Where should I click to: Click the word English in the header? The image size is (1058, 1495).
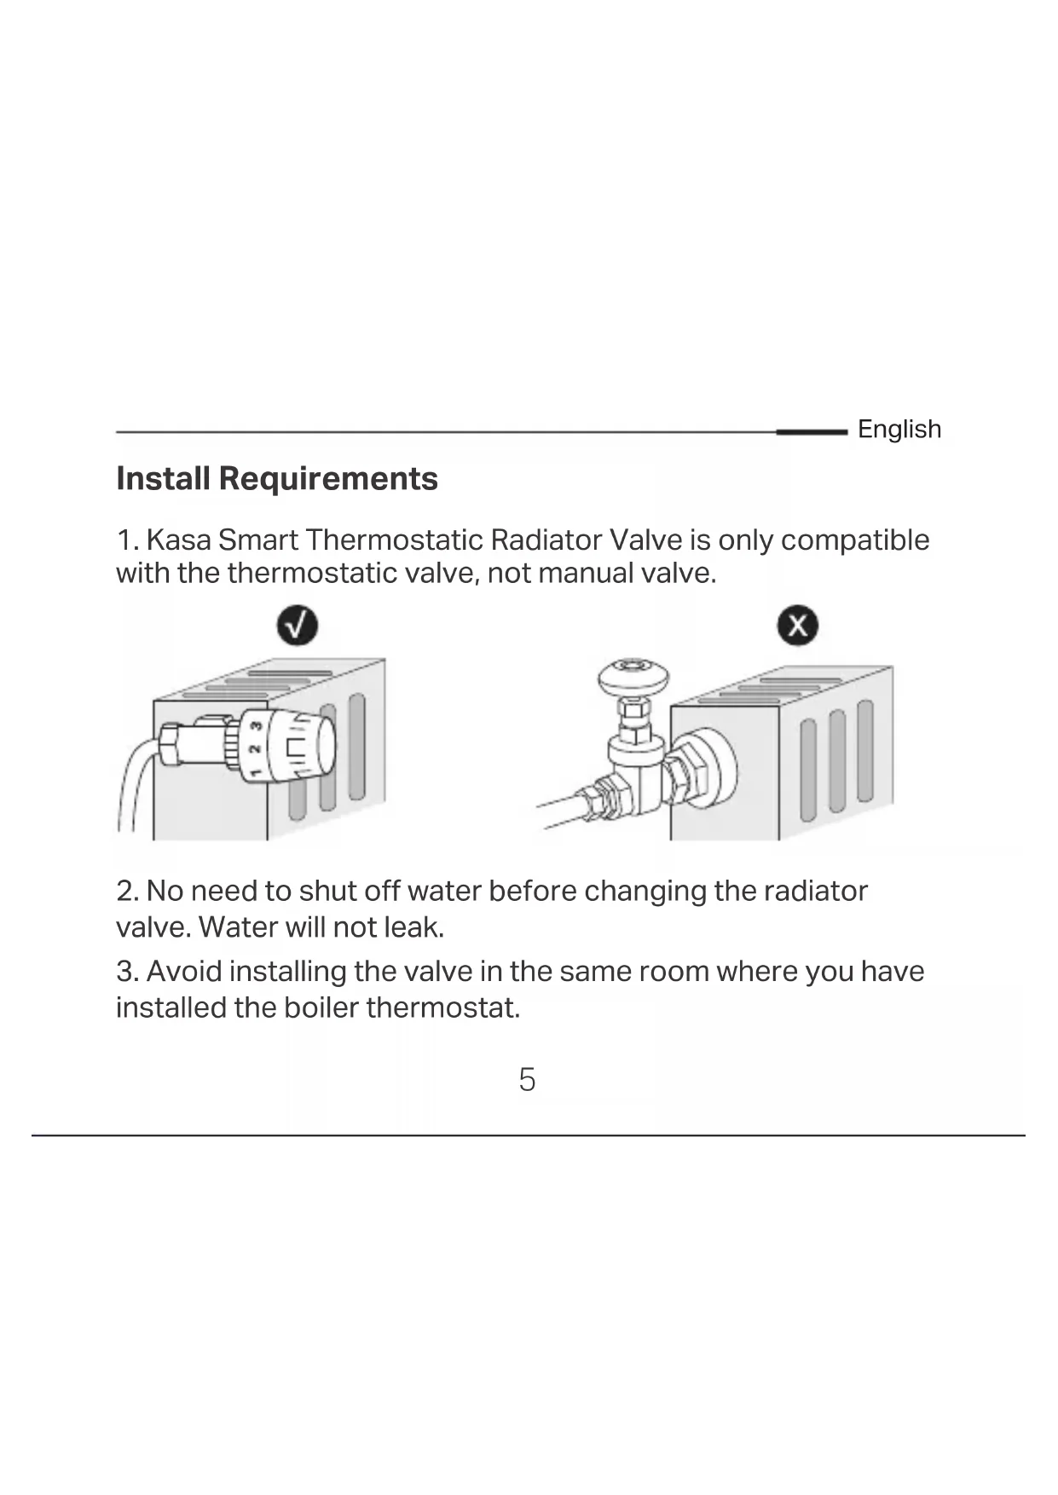(899, 429)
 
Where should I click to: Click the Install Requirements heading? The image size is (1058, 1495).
(277, 478)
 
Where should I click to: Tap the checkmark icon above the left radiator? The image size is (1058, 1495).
(298, 626)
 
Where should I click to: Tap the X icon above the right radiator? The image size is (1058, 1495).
(798, 626)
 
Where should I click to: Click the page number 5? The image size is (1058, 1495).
(527, 1080)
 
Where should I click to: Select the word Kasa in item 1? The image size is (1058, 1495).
(179, 540)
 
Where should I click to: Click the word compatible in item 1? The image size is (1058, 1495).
(855, 540)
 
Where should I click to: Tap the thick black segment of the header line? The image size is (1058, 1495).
(812, 432)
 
